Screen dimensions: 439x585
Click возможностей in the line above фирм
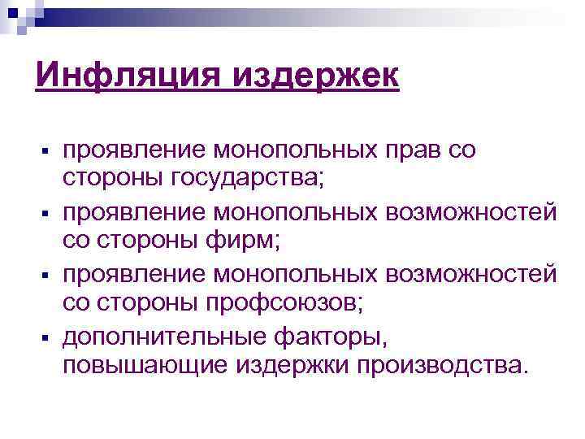pos(472,213)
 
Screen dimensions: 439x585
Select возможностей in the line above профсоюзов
pos(472,274)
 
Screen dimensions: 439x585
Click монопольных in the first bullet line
pos(281,150)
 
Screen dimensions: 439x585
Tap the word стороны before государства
pos(110,178)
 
